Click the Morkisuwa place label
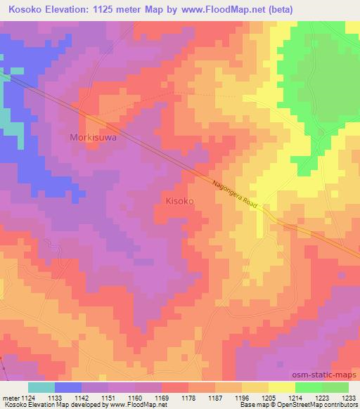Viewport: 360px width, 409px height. click(93, 138)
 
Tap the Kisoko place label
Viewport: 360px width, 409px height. click(179, 201)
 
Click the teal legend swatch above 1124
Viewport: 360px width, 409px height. click(41, 387)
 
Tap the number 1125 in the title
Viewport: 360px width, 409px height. click(110, 9)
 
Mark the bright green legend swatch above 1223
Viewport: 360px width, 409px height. click(309, 387)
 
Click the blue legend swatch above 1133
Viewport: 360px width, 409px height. click(67, 387)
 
